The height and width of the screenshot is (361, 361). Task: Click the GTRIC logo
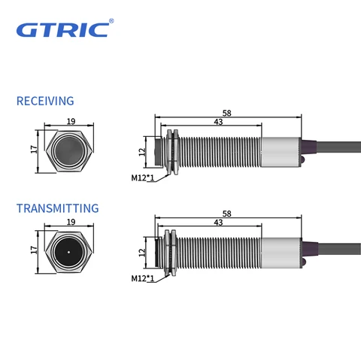[x=64, y=30]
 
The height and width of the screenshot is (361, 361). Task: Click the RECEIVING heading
[x=45, y=101]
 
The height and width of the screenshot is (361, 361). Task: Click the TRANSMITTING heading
[x=57, y=208]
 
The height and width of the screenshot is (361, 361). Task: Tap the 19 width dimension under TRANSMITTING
[x=69, y=223]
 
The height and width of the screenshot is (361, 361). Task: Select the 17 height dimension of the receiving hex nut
[x=34, y=150]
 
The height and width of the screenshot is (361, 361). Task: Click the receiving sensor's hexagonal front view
[x=69, y=150]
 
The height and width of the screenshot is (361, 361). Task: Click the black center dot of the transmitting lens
[x=69, y=251]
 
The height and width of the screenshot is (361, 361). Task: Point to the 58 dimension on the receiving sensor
[x=226, y=113]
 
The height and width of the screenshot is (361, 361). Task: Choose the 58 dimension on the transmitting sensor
[x=226, y=214]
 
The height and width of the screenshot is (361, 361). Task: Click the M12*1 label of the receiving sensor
[x=142, y=178]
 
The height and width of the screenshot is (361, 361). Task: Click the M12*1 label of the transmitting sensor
[x=142, y=278]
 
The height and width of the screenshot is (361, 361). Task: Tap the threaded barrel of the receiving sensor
[x=218, y=150]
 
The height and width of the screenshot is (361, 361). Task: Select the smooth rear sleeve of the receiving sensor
[x=280, y=150]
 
